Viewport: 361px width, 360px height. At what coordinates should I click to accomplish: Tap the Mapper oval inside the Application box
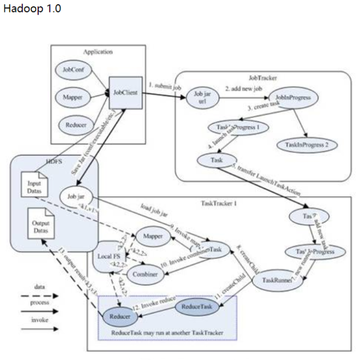[x=73, y=97]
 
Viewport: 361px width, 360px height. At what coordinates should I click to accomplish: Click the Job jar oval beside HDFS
[x=76, y=197]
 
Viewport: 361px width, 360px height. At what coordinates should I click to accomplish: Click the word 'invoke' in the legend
[x=40, y=320]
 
